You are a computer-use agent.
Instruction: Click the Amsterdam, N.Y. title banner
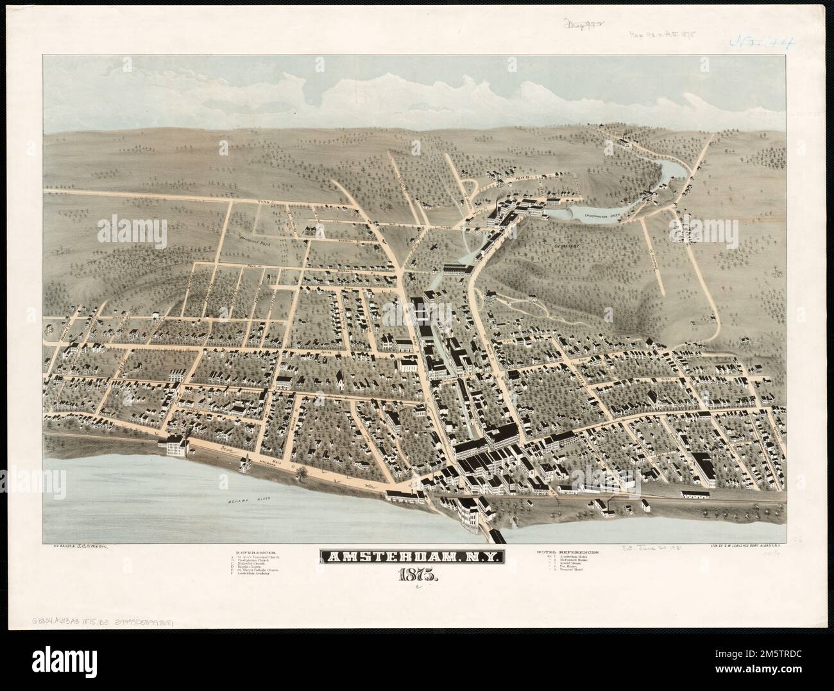(x=418, y=557)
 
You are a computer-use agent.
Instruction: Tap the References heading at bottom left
(x=257, y=552)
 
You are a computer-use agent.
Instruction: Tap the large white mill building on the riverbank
(x=177, y=444)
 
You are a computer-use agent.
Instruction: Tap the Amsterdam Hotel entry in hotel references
(x=577, y=557)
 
